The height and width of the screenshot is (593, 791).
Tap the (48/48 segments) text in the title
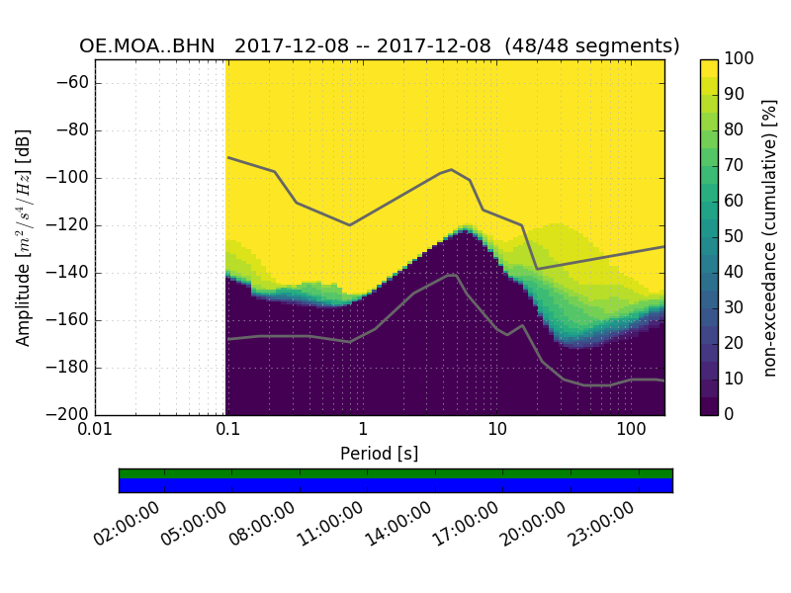591,46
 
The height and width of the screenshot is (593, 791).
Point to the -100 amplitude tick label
67,178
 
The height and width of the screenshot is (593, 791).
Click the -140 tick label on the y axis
67,273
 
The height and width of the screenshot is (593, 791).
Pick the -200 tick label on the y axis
67,415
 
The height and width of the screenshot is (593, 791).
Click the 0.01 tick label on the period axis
95,432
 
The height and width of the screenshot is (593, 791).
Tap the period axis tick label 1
363,432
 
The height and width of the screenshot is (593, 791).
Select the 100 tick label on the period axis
632,432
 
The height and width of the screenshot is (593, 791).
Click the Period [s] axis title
380,454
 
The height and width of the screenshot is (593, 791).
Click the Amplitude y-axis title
24,237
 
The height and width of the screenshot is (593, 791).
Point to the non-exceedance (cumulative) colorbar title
771,237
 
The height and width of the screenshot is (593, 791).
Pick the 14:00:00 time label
396,523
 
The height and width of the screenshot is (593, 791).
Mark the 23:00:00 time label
599,523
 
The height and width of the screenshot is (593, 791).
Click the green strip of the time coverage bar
395,473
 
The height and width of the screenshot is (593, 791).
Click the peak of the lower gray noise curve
452,276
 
